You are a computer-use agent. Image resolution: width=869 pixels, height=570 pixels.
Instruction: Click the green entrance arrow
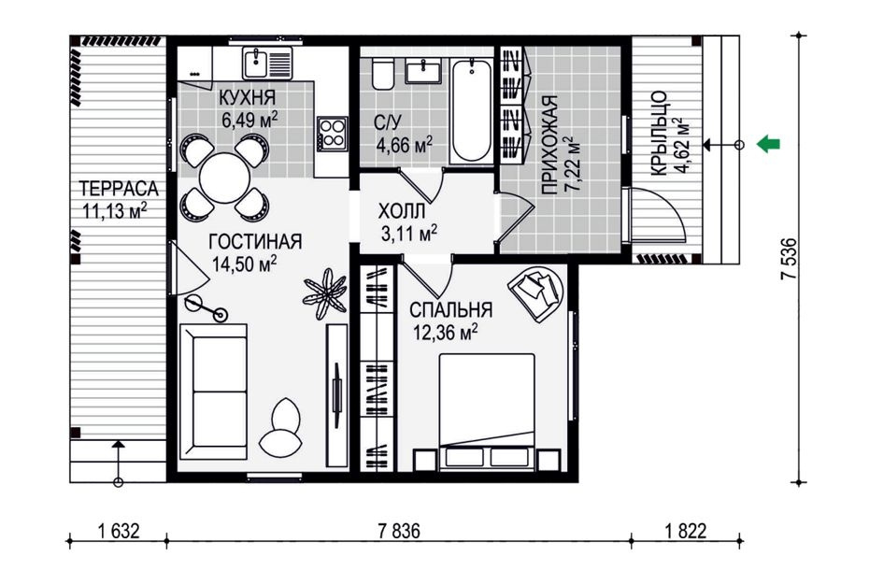[x=768, y=144]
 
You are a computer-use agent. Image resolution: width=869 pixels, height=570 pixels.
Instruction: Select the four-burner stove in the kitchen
[x=333, y=133]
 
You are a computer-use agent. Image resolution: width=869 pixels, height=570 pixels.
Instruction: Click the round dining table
[x=224, y=178]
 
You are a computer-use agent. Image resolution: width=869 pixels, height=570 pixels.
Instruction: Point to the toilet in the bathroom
[x=382, y=75]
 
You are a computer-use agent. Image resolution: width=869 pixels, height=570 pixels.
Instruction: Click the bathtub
[x=471, y=111]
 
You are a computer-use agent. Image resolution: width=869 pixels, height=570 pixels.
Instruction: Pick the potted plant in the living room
[x=325, y=293]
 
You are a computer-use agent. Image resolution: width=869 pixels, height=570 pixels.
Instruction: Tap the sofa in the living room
[x=214, y=392]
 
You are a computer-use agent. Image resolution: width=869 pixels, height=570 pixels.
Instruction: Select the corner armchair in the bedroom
[x=535, y=292]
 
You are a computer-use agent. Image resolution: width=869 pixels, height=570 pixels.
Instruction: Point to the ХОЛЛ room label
[x=402, y=210]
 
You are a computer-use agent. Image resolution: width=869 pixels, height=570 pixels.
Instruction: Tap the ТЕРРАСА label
[x=119, y=189]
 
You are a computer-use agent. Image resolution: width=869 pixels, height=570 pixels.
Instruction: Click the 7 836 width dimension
[x=399, y=531]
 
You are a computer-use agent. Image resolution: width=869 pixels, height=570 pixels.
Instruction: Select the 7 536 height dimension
[x=789, y=259]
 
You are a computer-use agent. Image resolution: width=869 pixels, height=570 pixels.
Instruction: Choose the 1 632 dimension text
[x=119, y=531]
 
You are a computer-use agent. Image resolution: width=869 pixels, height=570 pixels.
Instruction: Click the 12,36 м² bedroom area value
[x=446, y=333]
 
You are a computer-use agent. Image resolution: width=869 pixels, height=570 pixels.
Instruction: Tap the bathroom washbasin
[x=423, y=72]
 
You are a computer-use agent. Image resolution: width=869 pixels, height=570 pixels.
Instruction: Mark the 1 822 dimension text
[x=686, y=531]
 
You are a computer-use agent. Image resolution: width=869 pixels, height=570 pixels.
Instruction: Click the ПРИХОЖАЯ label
[x=549, y=145]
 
